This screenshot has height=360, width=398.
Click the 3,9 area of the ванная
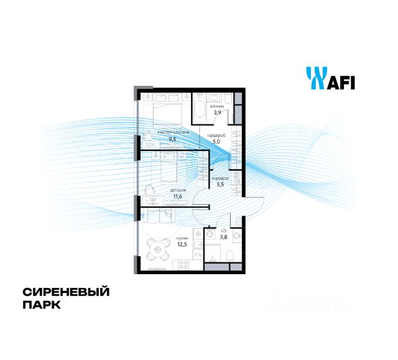click(218, 113)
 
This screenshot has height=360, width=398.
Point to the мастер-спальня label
click(173, 132)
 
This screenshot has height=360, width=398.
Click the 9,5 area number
click(173, 140)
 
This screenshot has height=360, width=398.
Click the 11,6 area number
click(178, 196)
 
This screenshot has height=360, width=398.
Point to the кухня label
click(182, 238)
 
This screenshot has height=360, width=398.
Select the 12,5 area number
click(182, 244)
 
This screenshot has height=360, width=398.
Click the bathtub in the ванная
click(199, 106)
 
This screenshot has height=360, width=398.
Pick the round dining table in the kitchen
click(157, 250)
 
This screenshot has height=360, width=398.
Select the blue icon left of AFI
click(313, 78)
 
